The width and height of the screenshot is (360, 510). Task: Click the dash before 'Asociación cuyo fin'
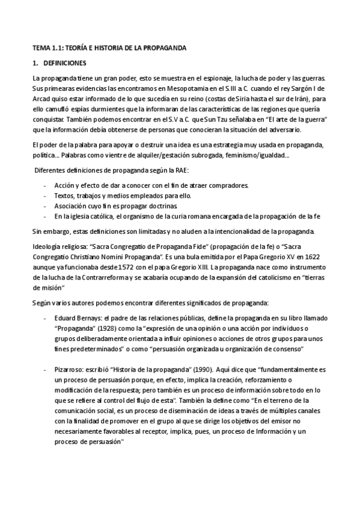pyautogui.click(x=46, y=206)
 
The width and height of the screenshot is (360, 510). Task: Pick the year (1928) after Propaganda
pyautogui.click(x=112, y=329)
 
